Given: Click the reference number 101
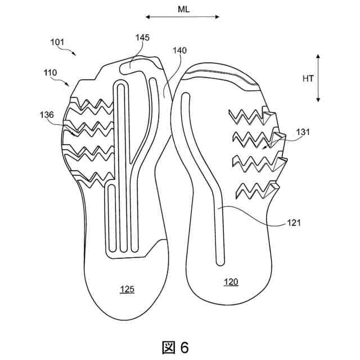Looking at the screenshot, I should pyautogui.click(x=57, y=42).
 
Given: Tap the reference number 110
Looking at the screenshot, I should pyautogui.click(x=51, y=73).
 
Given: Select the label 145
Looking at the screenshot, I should pyautogui.click(x=142, y=38).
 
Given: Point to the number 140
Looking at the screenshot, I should pyautogui.click(x=179, y=51).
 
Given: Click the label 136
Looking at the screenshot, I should pyautogui.click(x=47, y=115).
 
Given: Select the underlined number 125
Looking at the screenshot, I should pyautogui.click(x=127, y=290).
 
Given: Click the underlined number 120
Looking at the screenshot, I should pyautogui.click(x=231, y=281).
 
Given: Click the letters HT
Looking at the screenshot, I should pyautogui.click(x=308, y=79).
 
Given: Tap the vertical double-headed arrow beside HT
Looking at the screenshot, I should pyautogui.click(x=318, y=78).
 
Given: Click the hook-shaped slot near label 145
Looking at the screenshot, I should pyautogui.click(x=132, y=64).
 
